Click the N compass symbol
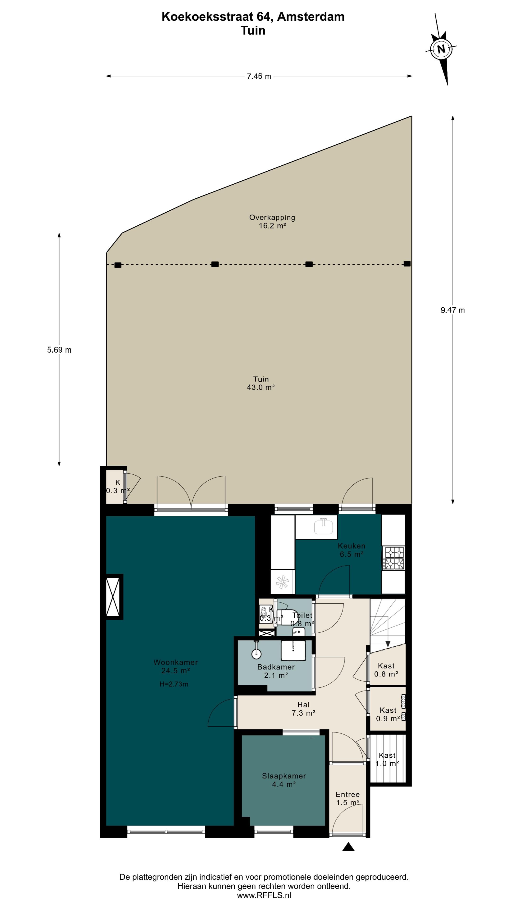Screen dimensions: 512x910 pos(441,49)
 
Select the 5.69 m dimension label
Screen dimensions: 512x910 pos(59,350)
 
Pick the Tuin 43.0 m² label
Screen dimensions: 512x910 pos(261,383)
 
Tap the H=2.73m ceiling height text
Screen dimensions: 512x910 pos(174,684)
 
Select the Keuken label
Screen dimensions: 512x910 pos(352,546)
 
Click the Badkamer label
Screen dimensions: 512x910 pos(276,667)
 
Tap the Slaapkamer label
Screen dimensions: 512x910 pos(284,776)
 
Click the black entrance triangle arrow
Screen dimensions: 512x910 pos(348,846)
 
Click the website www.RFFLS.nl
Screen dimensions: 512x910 pos(264,895)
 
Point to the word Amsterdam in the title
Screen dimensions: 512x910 pos(311,17)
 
